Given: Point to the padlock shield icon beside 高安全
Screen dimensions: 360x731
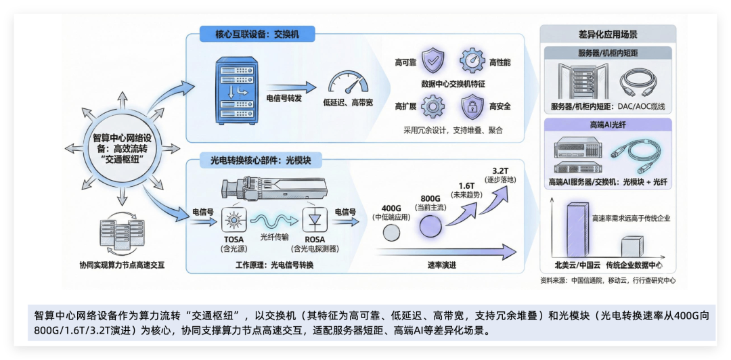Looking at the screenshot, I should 472,106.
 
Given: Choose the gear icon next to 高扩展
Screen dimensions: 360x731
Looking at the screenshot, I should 433,106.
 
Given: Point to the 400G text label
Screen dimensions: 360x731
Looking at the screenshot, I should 392,208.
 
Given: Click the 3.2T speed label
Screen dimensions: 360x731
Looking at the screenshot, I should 500,171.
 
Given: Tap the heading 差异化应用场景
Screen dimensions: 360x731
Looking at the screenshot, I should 607,34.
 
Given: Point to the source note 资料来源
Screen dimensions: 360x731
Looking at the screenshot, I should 607,279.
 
